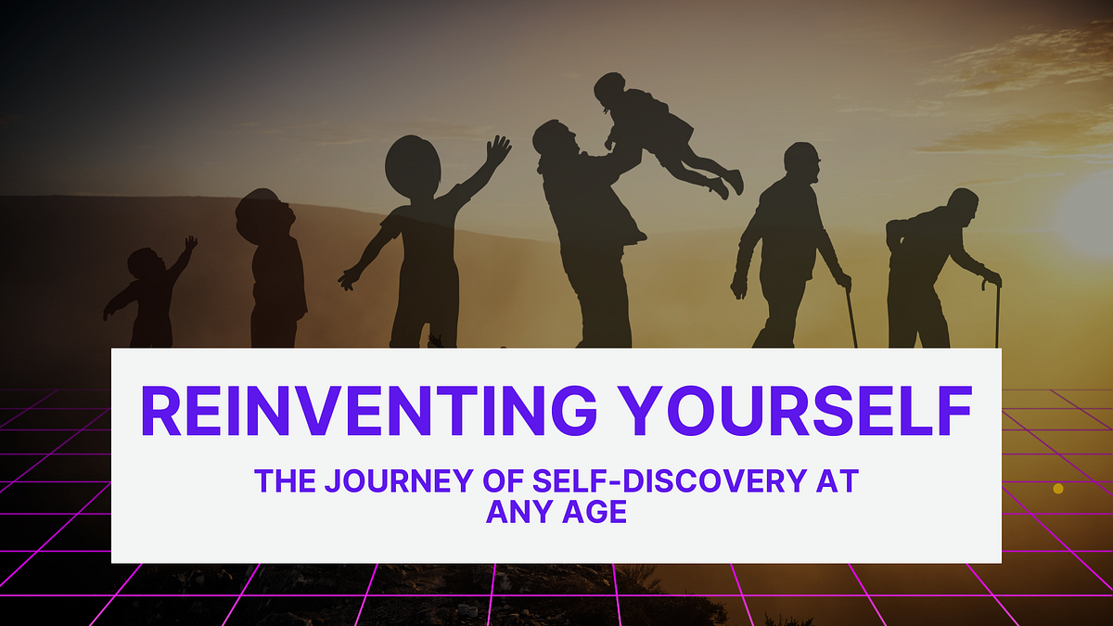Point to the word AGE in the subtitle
593,511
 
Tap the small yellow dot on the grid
1058,488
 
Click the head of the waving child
413,167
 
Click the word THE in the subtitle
278,481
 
